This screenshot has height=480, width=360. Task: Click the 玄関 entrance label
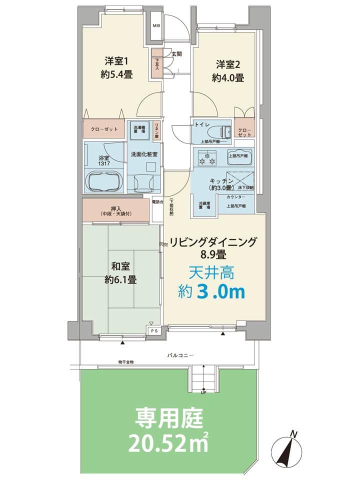pos(176,53)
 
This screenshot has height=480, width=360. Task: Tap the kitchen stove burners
pos(207,160)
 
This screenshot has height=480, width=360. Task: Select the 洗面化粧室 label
pos(144,154)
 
